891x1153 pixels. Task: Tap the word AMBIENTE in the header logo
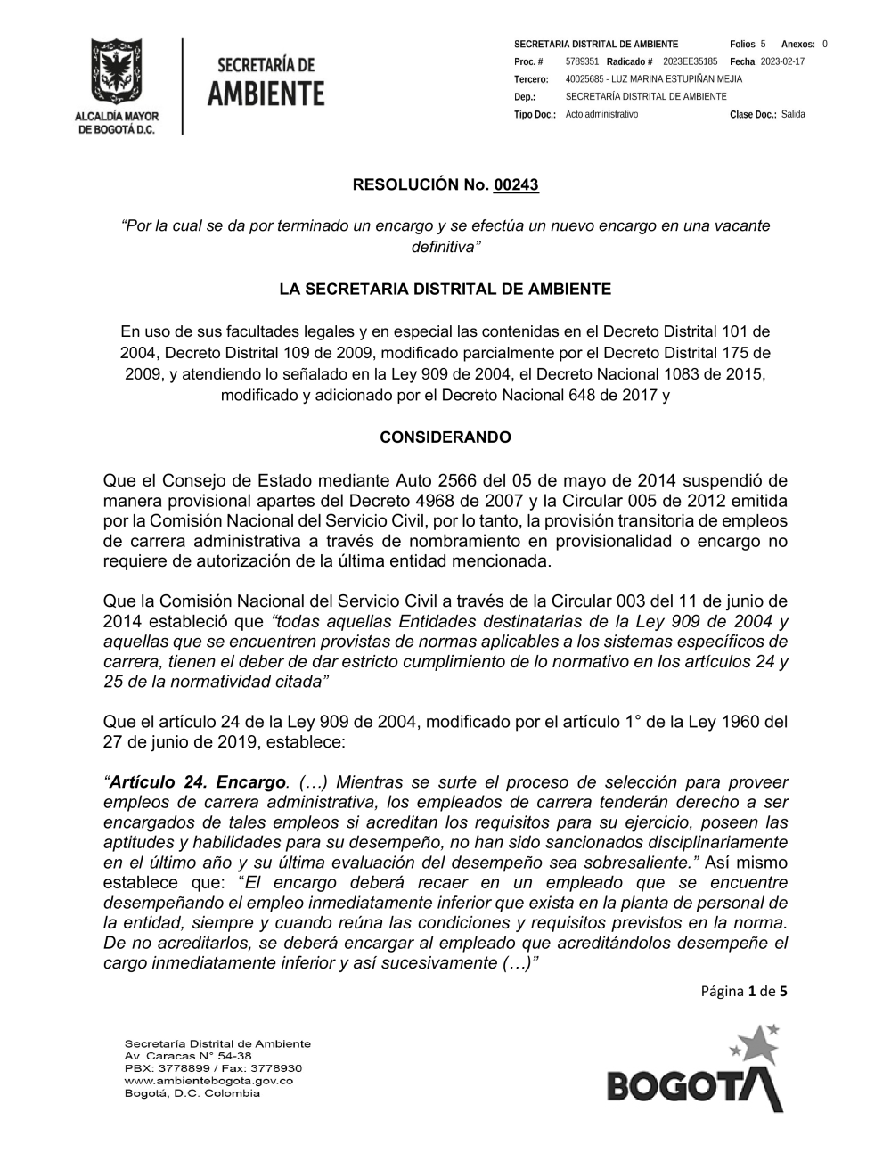266,93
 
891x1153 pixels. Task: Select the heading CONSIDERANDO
445,437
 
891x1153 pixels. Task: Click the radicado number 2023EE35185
691,61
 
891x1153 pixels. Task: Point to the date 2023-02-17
781,61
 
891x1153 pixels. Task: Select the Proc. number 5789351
582,61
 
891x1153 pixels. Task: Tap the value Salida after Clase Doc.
793,115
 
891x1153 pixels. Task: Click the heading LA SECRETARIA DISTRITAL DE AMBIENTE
445,290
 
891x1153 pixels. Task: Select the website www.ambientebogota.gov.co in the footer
208,1080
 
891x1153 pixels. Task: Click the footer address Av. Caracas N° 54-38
188,1055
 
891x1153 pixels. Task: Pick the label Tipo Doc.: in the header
535,115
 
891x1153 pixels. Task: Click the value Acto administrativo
601,115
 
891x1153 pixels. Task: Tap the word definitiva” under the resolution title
445,245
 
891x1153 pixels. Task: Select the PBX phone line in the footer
213,1067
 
